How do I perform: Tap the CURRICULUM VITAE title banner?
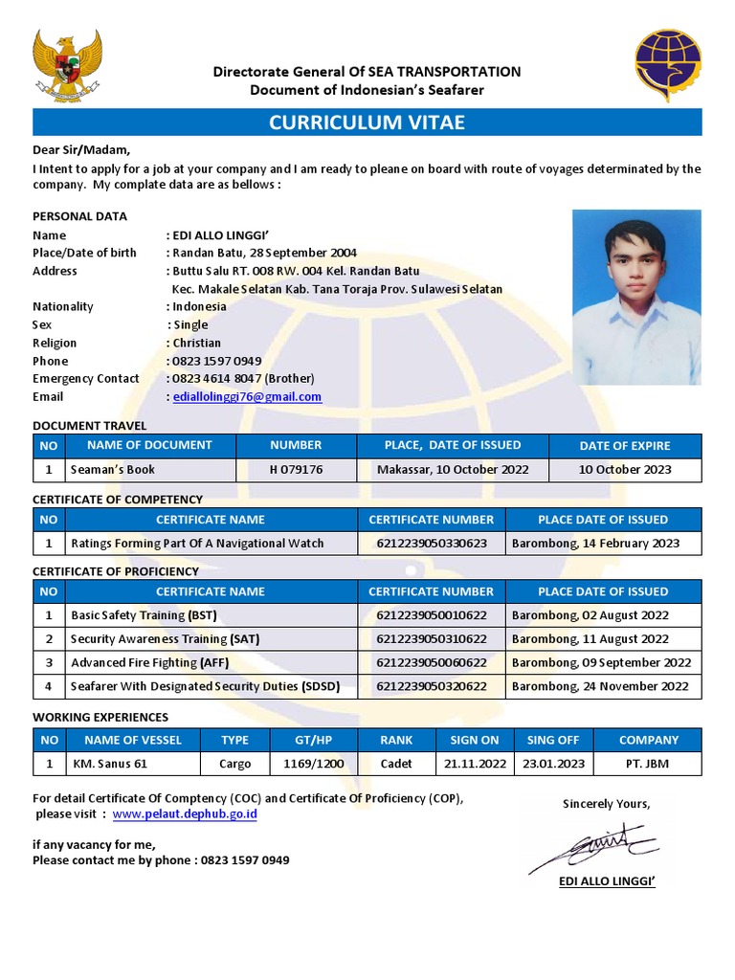tap(367, 122)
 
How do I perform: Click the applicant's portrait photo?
tap(636, 297)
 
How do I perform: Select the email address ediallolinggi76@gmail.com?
tap(247, 397)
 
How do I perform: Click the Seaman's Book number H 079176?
tap(296, 470)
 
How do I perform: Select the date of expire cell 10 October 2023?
tap(625, 470)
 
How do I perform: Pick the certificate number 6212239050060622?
tap(431, 662)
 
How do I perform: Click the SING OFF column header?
tap(553, 740)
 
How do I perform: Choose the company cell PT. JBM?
tap(648, 764)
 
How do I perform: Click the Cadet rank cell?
tap(396, 764)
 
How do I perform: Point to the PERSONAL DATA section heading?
tap(79, 216)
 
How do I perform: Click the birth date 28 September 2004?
tap(306, 253)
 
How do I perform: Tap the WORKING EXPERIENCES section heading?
tap(100, 717)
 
